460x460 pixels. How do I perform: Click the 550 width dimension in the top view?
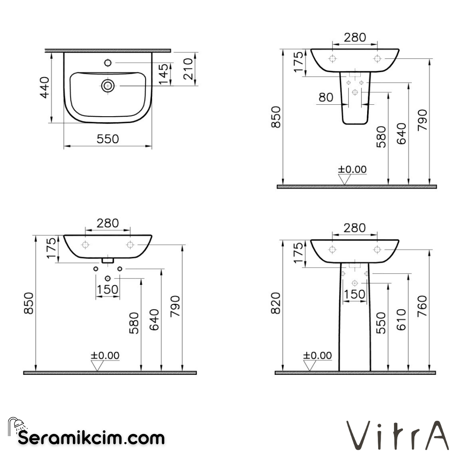(107, 139)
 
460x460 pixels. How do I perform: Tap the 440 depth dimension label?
(45, 87)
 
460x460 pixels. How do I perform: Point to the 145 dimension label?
(164, 74)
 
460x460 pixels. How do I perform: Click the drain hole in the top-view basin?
(107, 86)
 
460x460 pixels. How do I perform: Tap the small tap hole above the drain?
(107, 63)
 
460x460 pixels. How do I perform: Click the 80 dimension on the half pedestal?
(326, 98)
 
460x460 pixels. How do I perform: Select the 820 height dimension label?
(276, 303)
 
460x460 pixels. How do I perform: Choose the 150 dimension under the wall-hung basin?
(107, 290)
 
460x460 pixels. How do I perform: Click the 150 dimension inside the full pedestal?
(354, 294)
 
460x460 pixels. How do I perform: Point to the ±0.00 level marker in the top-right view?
(352, 170)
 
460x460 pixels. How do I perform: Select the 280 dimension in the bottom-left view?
(107, 223)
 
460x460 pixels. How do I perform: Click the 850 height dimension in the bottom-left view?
(28, 303)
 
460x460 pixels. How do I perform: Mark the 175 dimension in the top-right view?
(299, 62)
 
